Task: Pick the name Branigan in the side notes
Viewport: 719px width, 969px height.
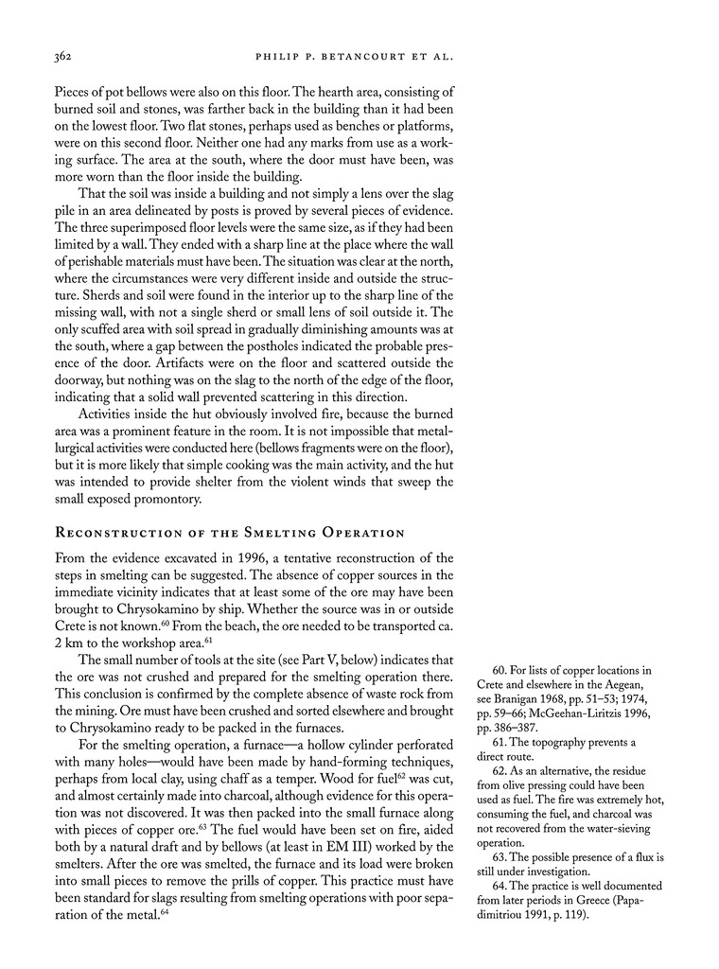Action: click(x=517, y=704)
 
